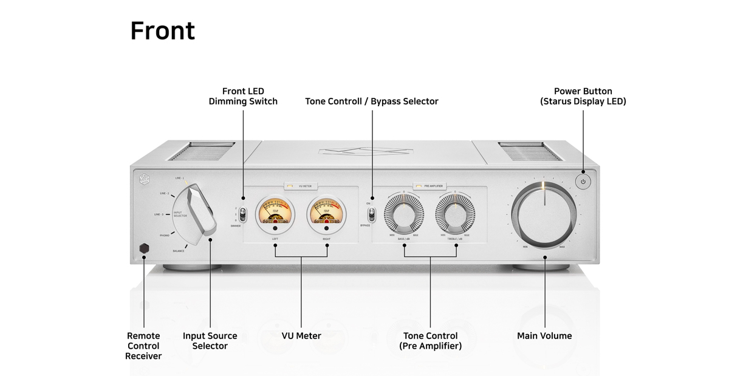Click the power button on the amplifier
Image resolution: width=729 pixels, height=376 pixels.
click(x=583, y=181)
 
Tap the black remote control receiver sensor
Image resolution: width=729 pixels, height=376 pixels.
click(x=144, y=248)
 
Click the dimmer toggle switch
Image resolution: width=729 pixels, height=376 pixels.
click(x=243, y=214)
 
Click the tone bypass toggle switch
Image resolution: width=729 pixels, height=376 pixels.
click(x=371, y=214)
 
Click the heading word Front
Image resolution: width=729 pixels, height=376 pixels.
click(x=162, y=31)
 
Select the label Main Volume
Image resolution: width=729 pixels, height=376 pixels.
click(x=544, y=336)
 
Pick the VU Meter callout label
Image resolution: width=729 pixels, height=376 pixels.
click(x=301, y=336)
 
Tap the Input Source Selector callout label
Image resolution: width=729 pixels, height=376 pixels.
click(x=210, y=341)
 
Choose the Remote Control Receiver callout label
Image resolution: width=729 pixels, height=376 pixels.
click(x=143, y=346)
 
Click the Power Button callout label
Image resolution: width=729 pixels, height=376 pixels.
click(x=583, y=96)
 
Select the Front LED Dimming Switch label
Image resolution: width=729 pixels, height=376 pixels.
click(x=243, y=96)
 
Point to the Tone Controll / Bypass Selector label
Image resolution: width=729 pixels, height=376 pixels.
click(x=371, y=101)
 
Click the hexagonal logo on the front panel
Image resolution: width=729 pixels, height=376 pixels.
click(x=144, y=179)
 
